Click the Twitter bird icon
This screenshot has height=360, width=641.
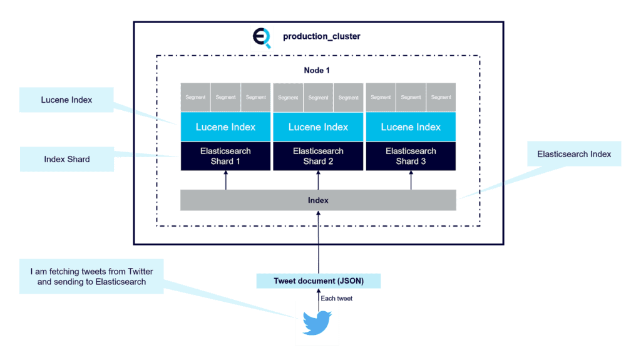(x=317, y=323)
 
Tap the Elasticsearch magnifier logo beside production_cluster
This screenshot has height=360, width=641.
(x=262, y=38)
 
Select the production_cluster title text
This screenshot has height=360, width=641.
(x=321, y=37)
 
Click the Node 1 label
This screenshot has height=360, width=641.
(x=317, y=70)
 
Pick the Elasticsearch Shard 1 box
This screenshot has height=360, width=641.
(x=225, y=156)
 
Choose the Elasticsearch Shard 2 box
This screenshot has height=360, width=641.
(x=318, y=156)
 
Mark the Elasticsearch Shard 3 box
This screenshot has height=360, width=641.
(x=411, y=156)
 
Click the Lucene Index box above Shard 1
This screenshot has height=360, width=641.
(x=225, y=127)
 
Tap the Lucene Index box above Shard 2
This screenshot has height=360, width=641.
(x=318, y=127)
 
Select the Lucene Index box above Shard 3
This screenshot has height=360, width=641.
(x=411, y=127)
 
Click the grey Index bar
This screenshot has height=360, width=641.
(x=318, y=200)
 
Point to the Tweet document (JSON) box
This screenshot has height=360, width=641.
(x=318, y=281)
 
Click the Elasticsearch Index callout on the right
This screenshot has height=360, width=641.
(x=574, y=154)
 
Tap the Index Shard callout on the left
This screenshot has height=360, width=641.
(x=66, y=159)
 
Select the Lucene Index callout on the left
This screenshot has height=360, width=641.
(x=66, y=100)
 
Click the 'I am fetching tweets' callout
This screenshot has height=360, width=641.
(x=91, y=276)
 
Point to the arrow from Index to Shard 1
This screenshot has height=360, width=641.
(x=226, y=180)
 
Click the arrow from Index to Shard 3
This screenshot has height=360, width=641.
(x=411, y=180)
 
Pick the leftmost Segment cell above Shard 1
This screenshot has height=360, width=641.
(x=195, y=97)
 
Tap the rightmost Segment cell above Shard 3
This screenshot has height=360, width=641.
(x=441, y=97)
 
